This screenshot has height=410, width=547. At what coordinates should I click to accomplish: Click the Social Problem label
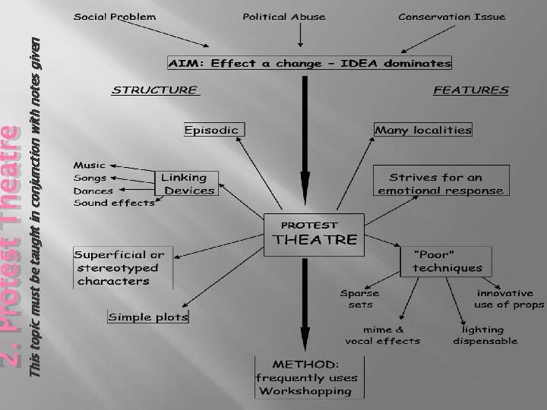(115, 17)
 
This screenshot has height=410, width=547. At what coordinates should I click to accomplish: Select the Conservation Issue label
(451, 17)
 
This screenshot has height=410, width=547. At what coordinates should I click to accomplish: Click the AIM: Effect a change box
(309, 63)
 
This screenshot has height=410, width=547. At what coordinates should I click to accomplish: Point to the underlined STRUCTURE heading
(156, 90)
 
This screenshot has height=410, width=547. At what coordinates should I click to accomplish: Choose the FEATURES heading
(470, 90)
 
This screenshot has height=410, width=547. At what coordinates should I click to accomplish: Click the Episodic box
(212, 130)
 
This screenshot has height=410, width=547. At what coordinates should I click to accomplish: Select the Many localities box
(423, 130)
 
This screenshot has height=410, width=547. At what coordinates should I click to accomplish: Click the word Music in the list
(90, 164)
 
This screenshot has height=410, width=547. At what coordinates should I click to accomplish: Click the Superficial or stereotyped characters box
(122, 267)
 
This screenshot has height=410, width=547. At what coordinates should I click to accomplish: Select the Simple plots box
(148, 316)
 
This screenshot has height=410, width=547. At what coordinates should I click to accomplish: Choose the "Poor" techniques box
(447, 261)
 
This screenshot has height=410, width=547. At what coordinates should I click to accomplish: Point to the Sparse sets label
(359, 298)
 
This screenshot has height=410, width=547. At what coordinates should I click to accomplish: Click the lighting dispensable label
(485, 335)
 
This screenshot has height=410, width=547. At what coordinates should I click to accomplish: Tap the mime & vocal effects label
(383, 335)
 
